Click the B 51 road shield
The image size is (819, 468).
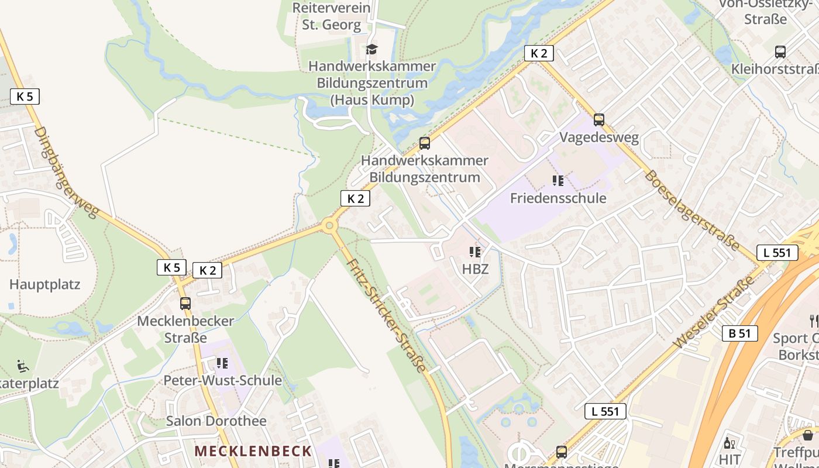click(x=739, y=333)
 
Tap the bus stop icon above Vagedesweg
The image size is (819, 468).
click(x=598, y=120)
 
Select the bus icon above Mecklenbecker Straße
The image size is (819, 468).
click(x=185, y=304)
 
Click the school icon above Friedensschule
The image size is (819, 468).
click(x=558, y=181)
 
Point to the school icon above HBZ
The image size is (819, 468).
click(x=474, y=252)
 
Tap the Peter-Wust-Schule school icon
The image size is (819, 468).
click(x=222, y=363)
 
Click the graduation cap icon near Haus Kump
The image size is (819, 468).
click(x=371, y=49)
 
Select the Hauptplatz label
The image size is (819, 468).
click(x=44, y=285)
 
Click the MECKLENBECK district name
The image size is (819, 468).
click(x=253, y=451)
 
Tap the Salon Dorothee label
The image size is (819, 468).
click(x=216, y=421)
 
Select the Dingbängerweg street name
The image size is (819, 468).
click(x=66, y=173)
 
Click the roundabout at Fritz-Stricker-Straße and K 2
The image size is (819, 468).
click(x=329, y=225)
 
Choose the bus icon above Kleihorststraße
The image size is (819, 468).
click(x=780, y=52)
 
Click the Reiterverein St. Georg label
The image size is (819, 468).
click(x=331, y=16)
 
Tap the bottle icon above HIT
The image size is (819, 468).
click(x=729, y=443)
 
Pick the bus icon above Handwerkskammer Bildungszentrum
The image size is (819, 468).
click(x=424, y=143)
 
